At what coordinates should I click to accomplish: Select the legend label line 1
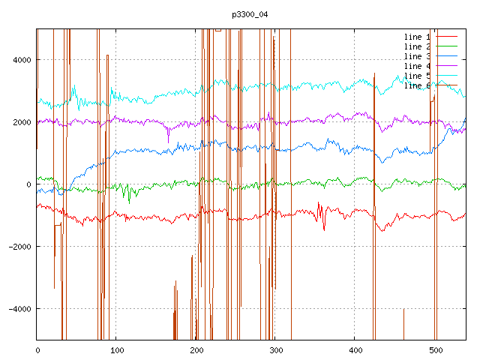pos(417,37)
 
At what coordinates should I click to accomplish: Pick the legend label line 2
pos(417,46)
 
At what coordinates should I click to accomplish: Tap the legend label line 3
pos(417,56)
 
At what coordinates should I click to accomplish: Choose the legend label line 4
pos(417,66)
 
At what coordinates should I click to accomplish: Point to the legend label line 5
pos(417,76)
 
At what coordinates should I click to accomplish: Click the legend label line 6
pos(417,85)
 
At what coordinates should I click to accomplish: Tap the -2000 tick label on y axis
pos(19,247)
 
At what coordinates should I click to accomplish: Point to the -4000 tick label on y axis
pos(19,309)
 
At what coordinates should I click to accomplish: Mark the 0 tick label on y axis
pos(28,184)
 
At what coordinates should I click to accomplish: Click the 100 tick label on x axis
pos(116,349)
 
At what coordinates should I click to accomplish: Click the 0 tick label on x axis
pos(37,349)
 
